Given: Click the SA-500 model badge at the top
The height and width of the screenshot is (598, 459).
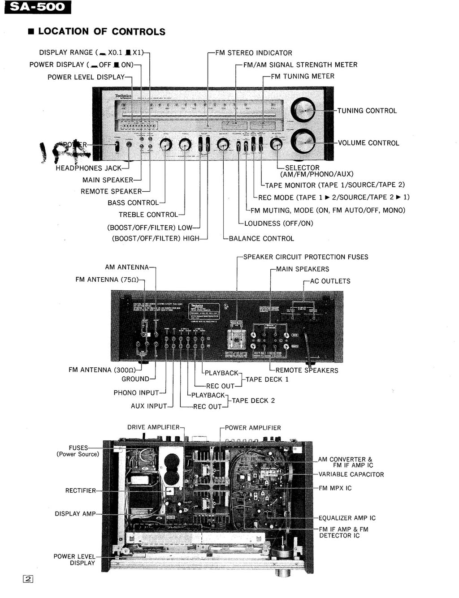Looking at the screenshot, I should tap(38, 7).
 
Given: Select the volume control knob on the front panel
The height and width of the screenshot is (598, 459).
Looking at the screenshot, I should tap(303, 142).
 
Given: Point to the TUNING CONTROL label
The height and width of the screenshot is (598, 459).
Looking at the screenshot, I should tap(367, 111).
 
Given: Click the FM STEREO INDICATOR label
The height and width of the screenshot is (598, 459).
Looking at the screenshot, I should tap(253, 53).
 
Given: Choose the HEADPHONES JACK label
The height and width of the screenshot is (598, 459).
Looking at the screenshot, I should tap(88, 168).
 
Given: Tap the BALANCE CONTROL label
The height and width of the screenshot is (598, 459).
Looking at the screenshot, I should tap(261, 239).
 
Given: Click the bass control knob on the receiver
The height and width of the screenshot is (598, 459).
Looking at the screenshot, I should tap(166, 144).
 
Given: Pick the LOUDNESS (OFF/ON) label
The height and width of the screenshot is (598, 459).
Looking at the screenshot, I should tap(278, 224).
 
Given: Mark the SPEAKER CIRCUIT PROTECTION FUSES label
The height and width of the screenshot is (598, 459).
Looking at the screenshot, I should tap(305, 257).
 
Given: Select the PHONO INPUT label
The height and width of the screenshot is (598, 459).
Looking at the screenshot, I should tap(136, 393).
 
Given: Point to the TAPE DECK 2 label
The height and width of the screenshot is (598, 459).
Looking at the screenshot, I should tap(253, 400).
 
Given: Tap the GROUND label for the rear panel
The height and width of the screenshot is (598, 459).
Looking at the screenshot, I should tap(135, 379).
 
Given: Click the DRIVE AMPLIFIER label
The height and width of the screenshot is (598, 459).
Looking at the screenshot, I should tap(153, 427).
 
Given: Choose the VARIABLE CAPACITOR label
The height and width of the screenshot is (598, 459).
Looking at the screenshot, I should tap(351, 474).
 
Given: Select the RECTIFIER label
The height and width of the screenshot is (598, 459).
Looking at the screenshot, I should tap(81, 490).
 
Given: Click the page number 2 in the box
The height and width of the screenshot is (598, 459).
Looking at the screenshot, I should tap(28, 579).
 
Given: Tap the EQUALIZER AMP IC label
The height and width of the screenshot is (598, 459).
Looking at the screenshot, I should tap(347, 518).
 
